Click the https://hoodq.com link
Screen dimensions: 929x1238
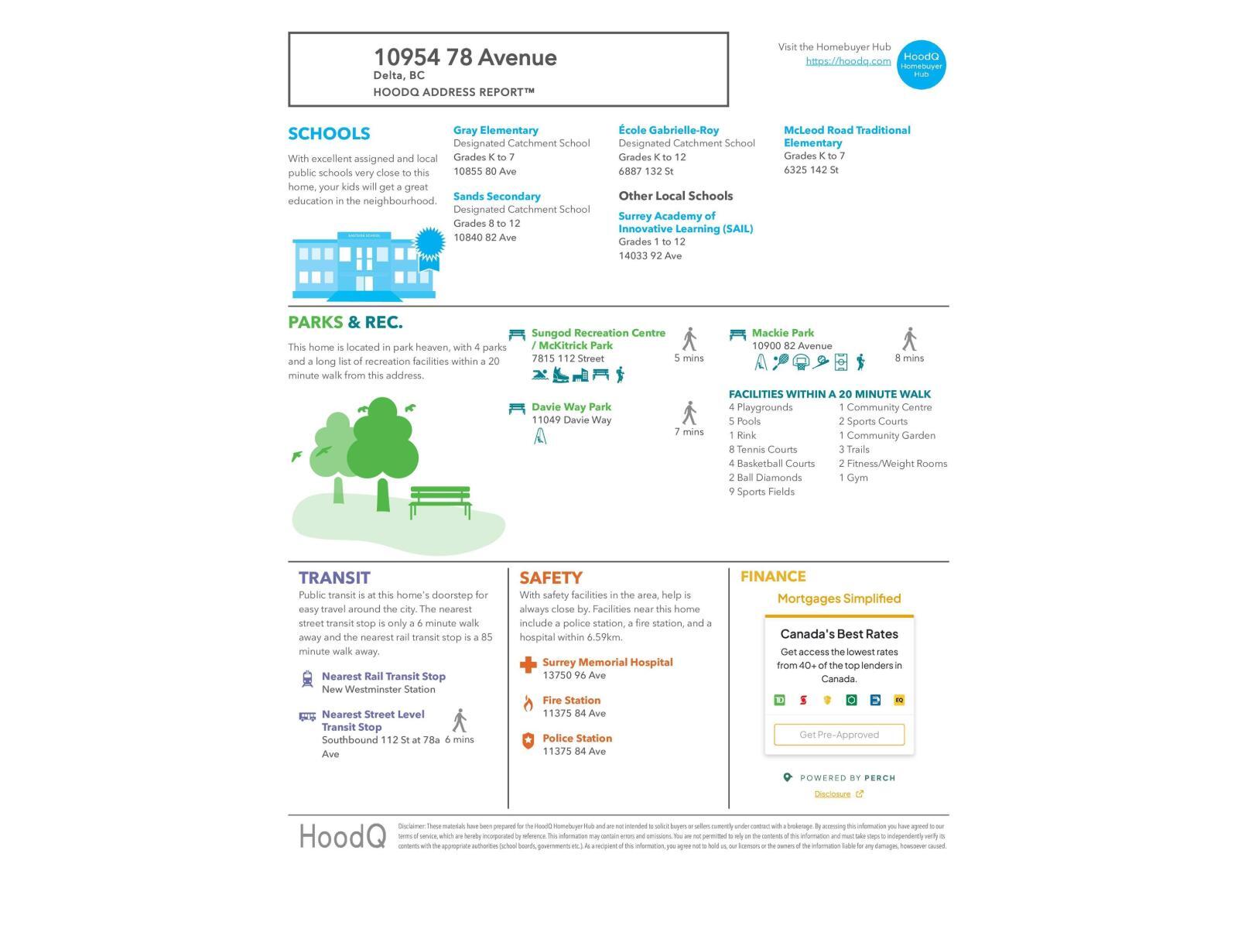point(848,61)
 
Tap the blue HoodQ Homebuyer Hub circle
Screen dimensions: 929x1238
point(921,64)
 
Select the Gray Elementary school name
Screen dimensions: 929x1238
point(495,130)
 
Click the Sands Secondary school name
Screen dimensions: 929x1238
point(497,197)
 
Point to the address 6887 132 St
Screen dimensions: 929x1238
point(645,171)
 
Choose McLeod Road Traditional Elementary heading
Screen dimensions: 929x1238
point(846,136)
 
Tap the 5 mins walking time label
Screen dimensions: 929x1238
point(689,358)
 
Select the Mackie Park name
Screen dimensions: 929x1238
point(782,333)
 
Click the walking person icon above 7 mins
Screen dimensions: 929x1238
point(689,413)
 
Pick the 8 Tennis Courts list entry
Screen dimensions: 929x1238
point(762,450)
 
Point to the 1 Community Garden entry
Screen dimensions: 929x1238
point(887,436)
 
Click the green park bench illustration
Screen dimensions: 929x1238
point(439,501)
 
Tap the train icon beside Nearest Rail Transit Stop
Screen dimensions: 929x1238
point(307,679)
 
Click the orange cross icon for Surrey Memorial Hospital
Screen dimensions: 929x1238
point(528,665)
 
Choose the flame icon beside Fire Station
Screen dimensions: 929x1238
point(528,703)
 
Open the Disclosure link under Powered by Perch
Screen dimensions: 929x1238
point(833,794)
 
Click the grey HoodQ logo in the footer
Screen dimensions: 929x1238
point(342,836)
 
